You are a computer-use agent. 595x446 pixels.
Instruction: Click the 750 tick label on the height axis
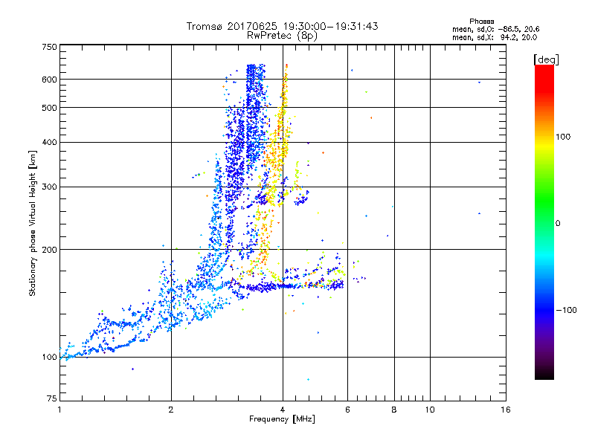pyautogui.click(x=50, y=46)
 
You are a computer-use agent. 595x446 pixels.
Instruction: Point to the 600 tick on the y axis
pyautogui.click(x=50, y=79)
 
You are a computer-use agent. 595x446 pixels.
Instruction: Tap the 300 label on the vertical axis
pyautogui.click(x=50, y=187)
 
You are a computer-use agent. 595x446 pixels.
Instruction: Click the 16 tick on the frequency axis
pyautogui.click(x=506, y=409)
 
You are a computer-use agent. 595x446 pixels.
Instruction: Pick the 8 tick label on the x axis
pyautogui.click(x=394, y=409)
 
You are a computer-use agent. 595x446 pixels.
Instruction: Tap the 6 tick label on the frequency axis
pyautogui.click(x=347, y=409)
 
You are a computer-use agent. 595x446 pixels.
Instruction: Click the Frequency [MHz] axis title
pyautogui.click(x=283, y=419)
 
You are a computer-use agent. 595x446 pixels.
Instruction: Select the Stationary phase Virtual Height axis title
pyautogui.click(x=33, y=223)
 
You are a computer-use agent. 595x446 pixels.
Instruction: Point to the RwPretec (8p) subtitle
pyautogui.click(x=283, y=35)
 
